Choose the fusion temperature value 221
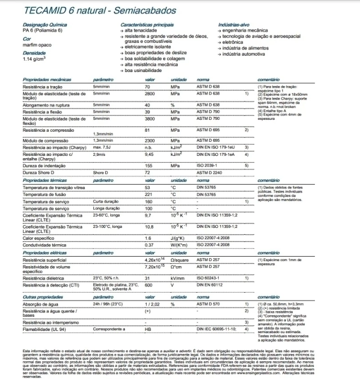pos(149,194)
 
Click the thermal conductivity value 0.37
pos(149,245)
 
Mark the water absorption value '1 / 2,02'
pos(153,303)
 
